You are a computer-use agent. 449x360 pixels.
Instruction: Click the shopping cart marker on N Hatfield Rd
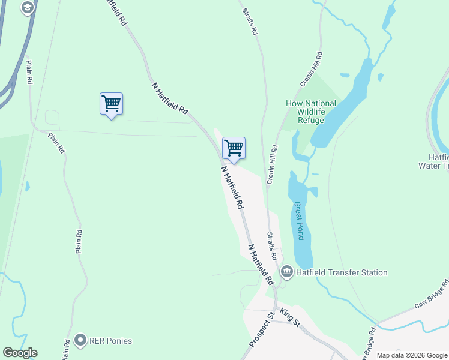(x=234, y=148)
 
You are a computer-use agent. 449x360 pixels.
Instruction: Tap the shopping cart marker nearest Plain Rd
(x=111, y=104)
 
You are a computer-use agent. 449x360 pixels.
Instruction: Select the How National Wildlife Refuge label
(x=311, y=112)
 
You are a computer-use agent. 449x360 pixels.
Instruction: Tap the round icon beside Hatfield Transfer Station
(x=286, y=272)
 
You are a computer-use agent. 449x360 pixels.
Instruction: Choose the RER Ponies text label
(x=111, y=341)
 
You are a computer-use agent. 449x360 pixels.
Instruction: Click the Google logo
(x=20, y=353)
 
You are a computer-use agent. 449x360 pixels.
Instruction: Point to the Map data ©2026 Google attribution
(x=412, y=355)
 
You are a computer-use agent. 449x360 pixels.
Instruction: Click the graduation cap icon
(x=27, y=8)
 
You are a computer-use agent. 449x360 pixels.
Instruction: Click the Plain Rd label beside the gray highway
(x=28, y=72)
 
